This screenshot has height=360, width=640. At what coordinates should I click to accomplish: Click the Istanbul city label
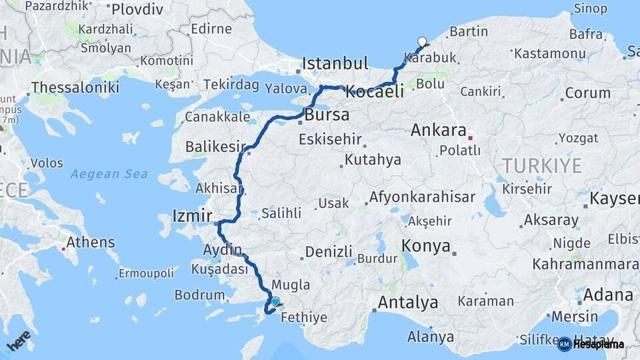(x=335, y=63)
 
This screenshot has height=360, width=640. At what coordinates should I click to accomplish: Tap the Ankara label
(x=437, y=130)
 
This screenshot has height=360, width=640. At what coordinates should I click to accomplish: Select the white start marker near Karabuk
(x=421, y=42)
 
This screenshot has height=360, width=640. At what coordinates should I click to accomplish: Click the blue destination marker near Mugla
(x=275, y=301)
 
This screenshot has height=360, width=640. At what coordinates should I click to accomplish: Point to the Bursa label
(x=327, y=115)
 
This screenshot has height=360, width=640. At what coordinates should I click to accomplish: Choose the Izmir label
(x=192, y=215)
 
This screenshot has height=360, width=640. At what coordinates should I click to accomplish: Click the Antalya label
(x=408, y=303)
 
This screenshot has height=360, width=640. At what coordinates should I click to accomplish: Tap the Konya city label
(x=426, y=246)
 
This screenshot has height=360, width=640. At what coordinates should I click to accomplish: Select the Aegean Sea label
(x=109, y=174)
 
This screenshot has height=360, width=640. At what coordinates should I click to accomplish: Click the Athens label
(x=91, y=241)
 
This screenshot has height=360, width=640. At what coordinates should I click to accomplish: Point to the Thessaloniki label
(x=75, y=87)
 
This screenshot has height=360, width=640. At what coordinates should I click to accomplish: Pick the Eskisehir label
(x=330, y=139)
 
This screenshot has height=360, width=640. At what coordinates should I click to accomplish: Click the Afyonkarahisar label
(x=422, y=197)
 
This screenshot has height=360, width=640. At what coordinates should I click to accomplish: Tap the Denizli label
(x=329, y=252)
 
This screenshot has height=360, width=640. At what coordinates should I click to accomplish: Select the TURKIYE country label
(x=542, y=166)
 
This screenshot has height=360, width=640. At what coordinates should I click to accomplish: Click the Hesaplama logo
(x=592, y=344)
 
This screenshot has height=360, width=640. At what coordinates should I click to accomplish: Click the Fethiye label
(x=304, y=317)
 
